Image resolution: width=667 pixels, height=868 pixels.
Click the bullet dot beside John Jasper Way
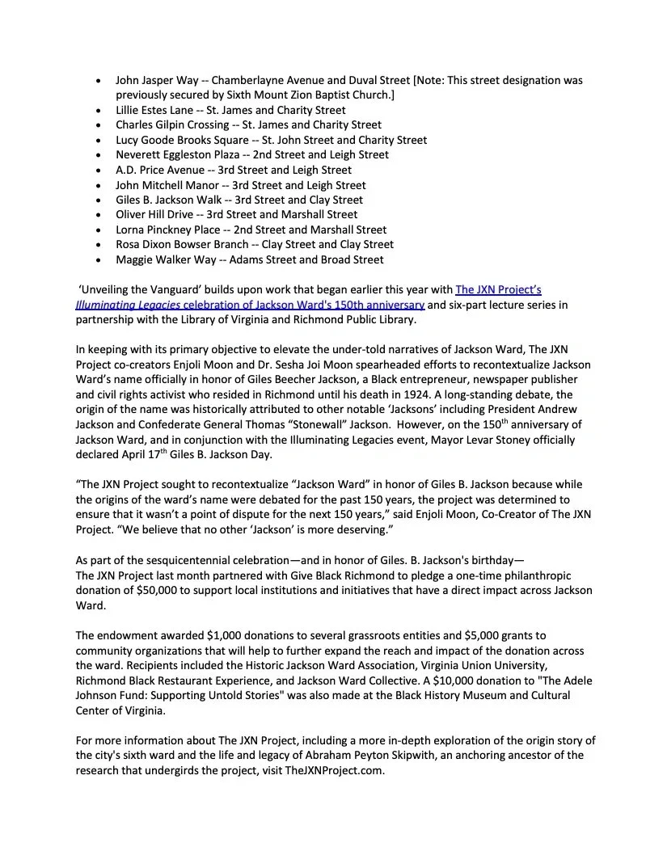pyautogui.click(x=99, y=81)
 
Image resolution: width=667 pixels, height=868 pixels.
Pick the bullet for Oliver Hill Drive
pyautogui.click(x=99, y=214)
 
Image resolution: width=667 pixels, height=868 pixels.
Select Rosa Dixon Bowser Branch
pyautogui.click(x=175, y=244)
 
